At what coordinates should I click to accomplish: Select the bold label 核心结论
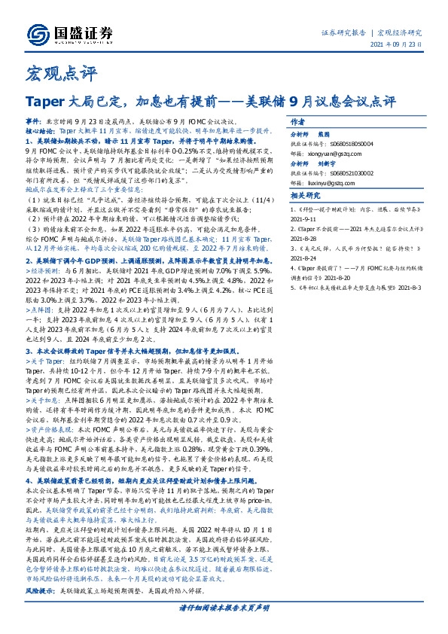41,130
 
